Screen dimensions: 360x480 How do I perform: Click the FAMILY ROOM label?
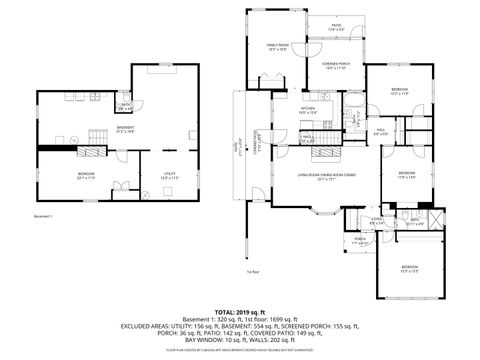click(276, 46)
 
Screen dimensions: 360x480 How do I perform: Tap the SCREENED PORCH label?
click(335, 64)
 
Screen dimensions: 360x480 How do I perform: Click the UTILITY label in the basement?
click(170, 173)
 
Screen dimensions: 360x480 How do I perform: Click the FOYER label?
click(377, 221)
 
